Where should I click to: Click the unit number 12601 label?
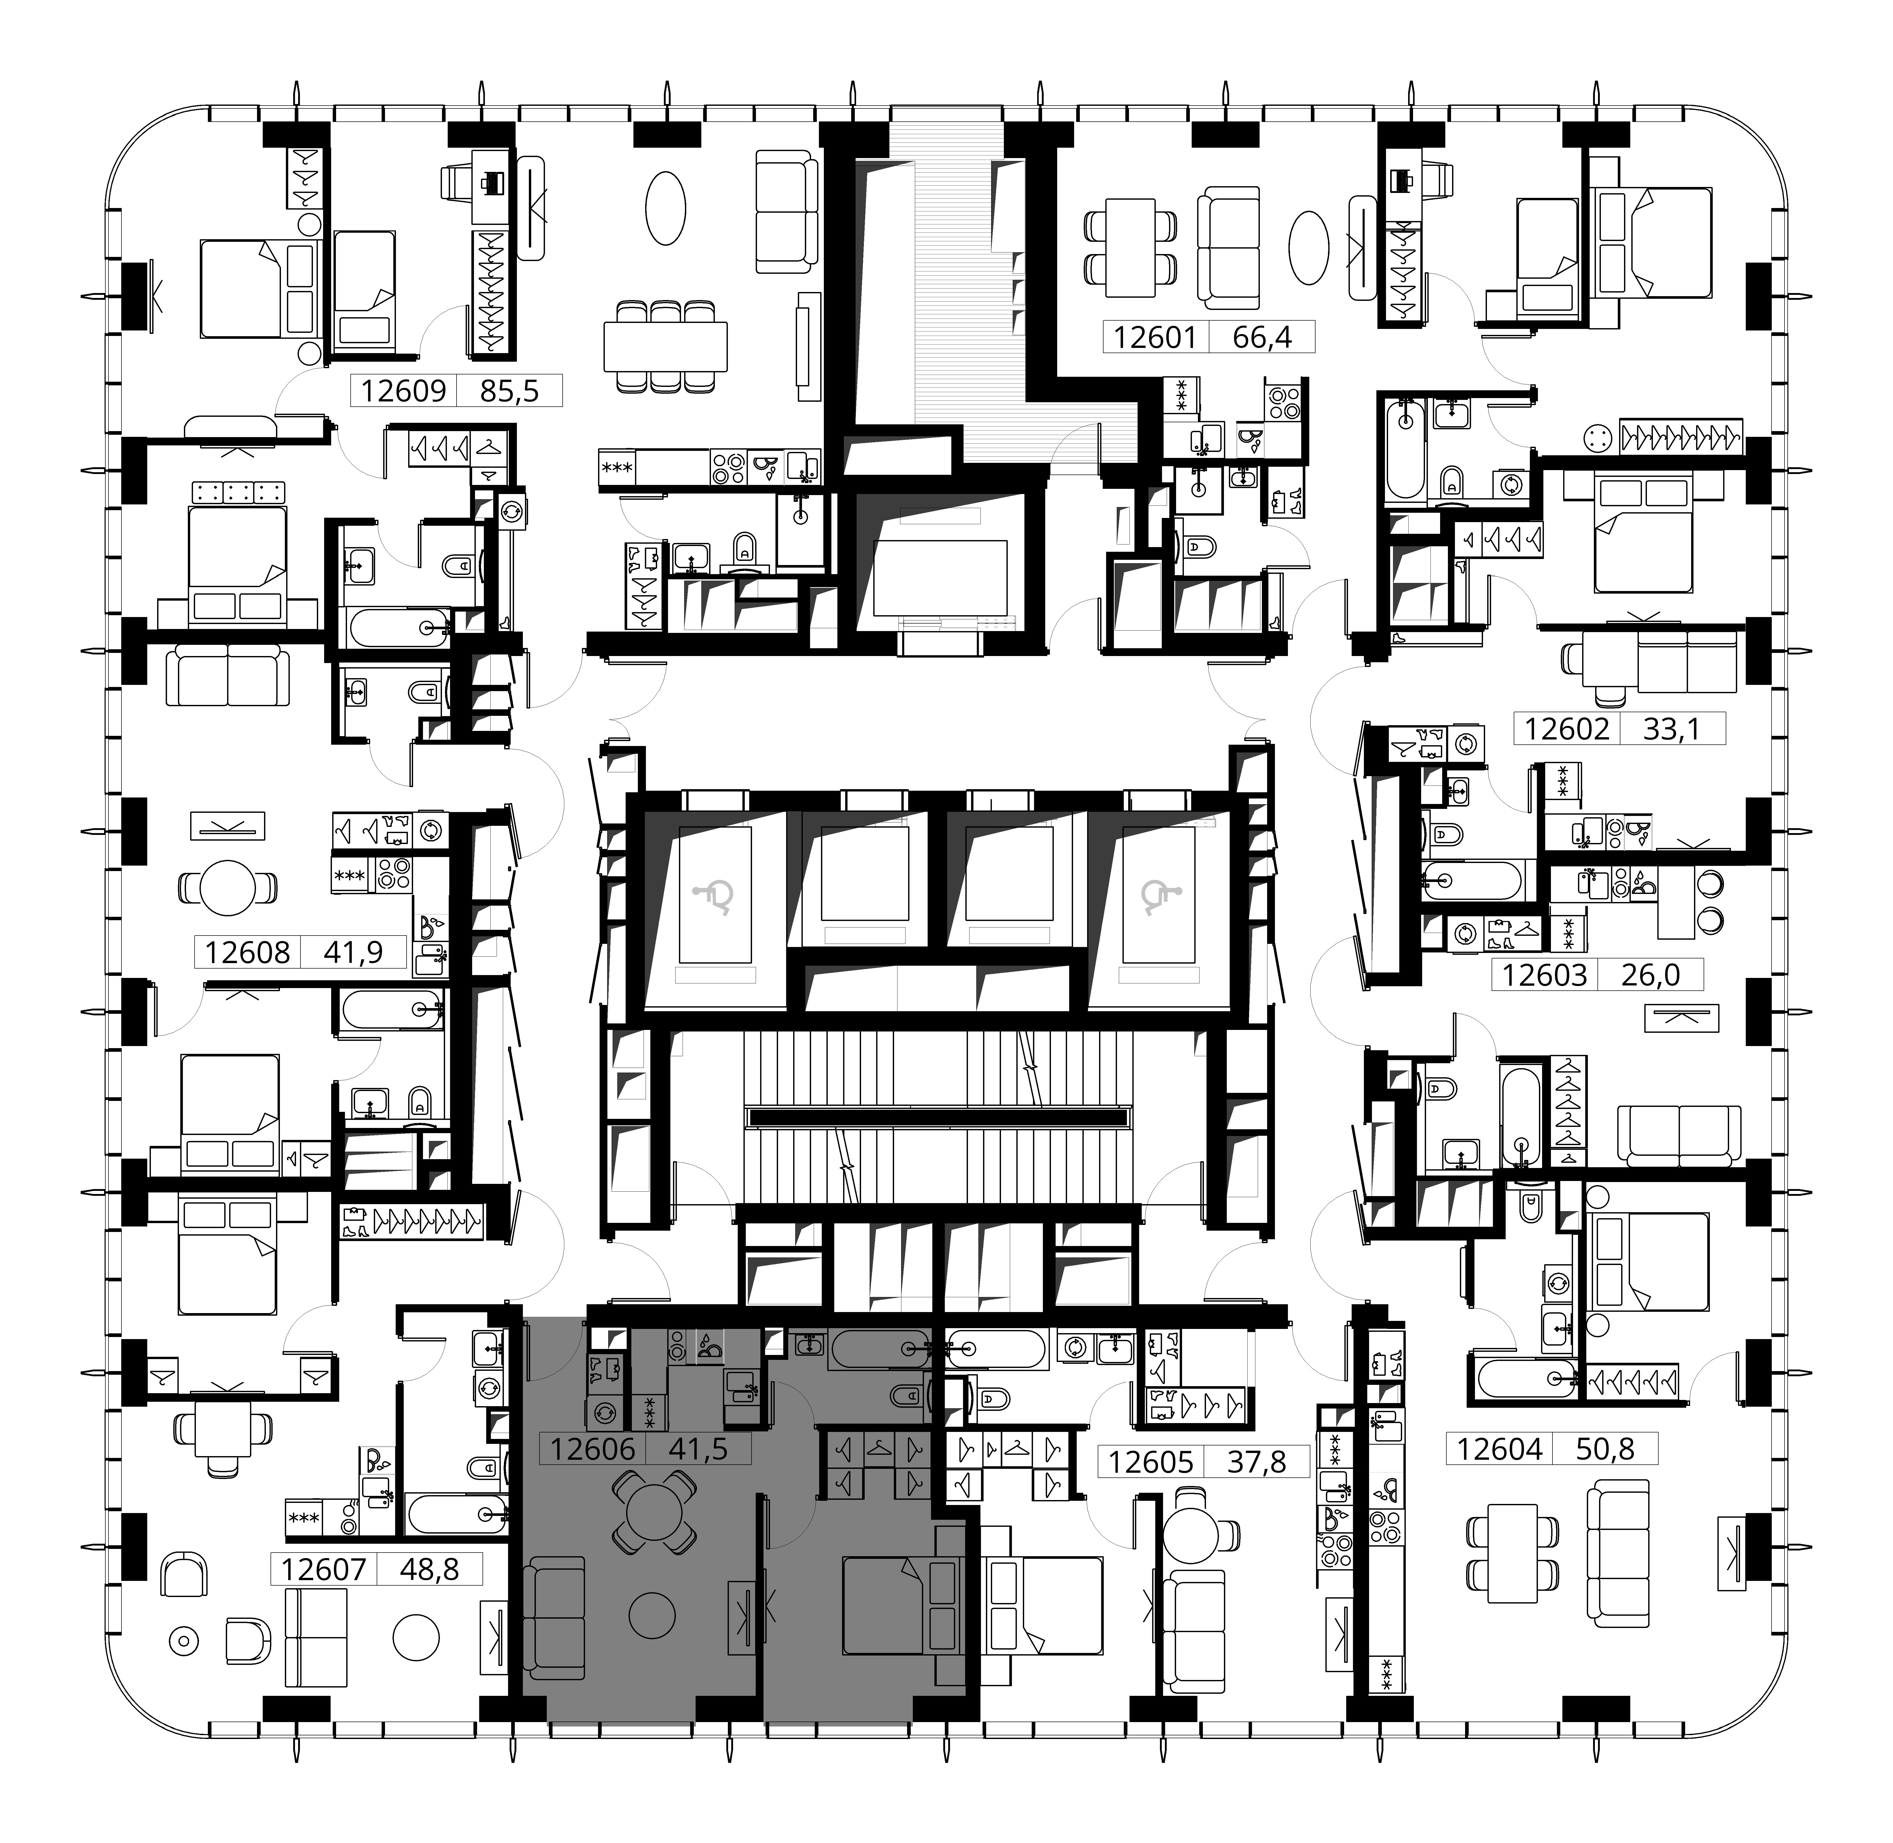[x=1155, y=338]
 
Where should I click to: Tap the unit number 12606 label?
[x=593, y=1449]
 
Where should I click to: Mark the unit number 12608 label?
[x=248, y=952]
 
